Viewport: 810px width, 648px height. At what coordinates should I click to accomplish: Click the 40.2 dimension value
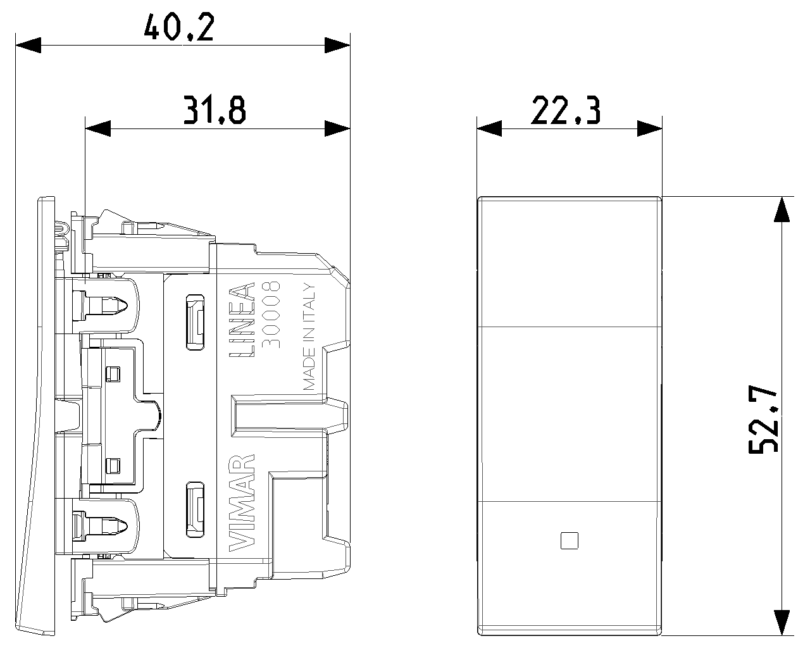[179, 27]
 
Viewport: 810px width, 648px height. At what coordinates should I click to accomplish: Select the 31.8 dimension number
[215, 110]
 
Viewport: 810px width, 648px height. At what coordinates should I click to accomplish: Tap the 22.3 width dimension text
[565, 110]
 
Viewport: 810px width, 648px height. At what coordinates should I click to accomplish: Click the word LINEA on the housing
[242, 320]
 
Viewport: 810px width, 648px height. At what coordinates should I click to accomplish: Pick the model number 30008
[271, 315]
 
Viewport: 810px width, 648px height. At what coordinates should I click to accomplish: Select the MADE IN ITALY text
[309, 336]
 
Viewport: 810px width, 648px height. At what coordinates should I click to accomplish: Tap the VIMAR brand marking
[242, 503]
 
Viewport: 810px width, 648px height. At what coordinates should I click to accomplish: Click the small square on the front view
[569, 540]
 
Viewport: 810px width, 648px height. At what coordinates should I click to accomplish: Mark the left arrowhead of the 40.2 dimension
[28, 45]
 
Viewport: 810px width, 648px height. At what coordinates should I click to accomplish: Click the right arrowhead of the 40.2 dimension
[337, 45]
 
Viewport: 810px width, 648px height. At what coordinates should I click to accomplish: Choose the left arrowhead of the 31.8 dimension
[98, 128]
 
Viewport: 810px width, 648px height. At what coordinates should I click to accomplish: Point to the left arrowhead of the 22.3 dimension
[489, 128]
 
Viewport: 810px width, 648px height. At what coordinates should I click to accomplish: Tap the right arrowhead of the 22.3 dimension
[650, 128]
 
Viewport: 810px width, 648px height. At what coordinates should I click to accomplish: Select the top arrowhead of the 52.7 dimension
[782, 209]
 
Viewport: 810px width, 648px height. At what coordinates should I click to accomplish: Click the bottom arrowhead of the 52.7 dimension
[782, 623]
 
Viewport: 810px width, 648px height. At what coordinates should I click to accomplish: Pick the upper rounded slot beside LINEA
[196, 322]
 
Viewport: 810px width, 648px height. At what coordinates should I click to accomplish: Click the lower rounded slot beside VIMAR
[196, 510]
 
